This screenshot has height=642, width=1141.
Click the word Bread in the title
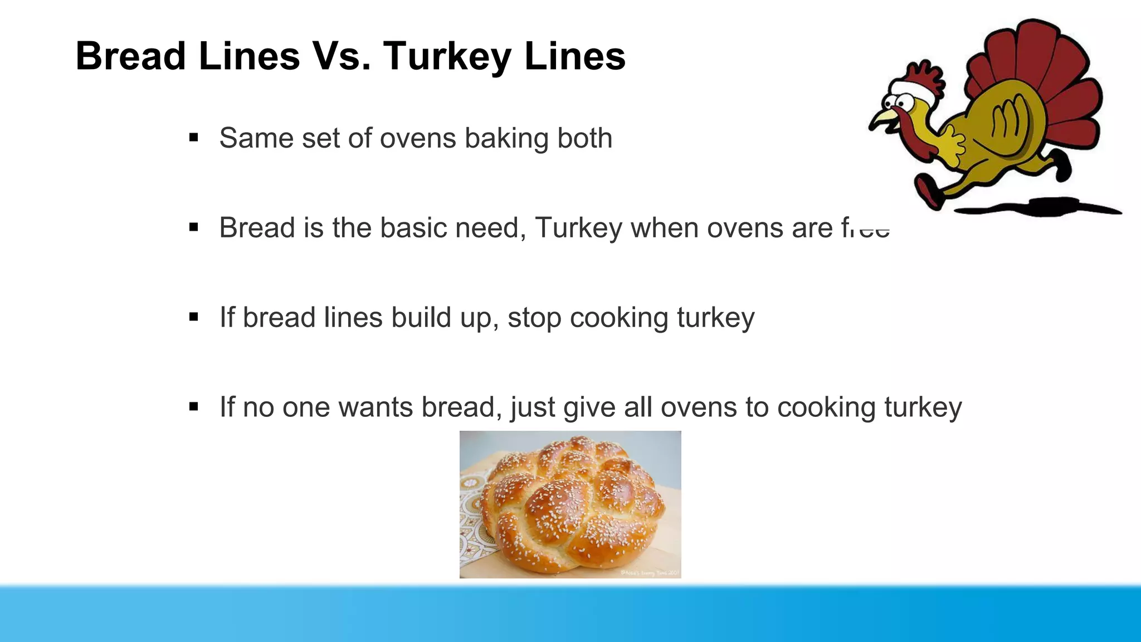tap(130, 56)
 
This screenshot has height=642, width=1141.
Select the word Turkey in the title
tap(446, 57)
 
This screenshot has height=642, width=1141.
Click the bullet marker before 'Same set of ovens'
tap(194, 138)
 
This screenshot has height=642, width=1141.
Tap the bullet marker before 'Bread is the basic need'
tap(194, 227)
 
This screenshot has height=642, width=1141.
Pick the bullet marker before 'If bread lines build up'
tap(194, 317)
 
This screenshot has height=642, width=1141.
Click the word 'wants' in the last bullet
tap(375, 407)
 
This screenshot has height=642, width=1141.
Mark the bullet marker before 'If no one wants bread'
tap(194, 407)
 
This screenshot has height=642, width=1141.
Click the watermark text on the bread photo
tap(649, 573)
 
